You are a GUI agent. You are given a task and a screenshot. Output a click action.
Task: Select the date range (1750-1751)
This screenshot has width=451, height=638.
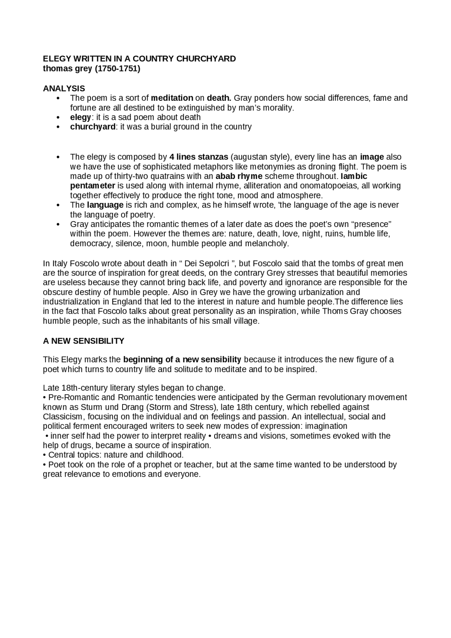click(x=117, y=69)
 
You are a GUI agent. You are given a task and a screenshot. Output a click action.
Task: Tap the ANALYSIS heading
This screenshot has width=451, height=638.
click(x=64, y=88)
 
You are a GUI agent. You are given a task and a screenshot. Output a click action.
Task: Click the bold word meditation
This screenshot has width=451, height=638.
click(x=172, y=98)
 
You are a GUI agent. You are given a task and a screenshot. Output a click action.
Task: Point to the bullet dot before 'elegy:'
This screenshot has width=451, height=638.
click(x=58, y=118)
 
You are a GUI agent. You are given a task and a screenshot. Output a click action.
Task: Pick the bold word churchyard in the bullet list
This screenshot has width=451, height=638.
click(x=92, y=127)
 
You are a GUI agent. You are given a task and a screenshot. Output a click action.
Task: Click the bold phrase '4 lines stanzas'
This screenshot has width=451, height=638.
click(x=199, y=157)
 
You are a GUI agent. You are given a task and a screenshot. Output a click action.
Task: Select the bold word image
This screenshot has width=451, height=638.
click(x=372, y=157)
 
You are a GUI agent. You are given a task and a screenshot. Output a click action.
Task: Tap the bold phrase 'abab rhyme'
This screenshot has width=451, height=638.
click(x=239, y=176)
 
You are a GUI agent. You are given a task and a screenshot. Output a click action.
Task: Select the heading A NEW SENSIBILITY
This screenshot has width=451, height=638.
click(x=84, y=341)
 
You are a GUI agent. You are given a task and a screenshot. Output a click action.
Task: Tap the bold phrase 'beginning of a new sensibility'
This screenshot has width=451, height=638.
click(x=182, y=360)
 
